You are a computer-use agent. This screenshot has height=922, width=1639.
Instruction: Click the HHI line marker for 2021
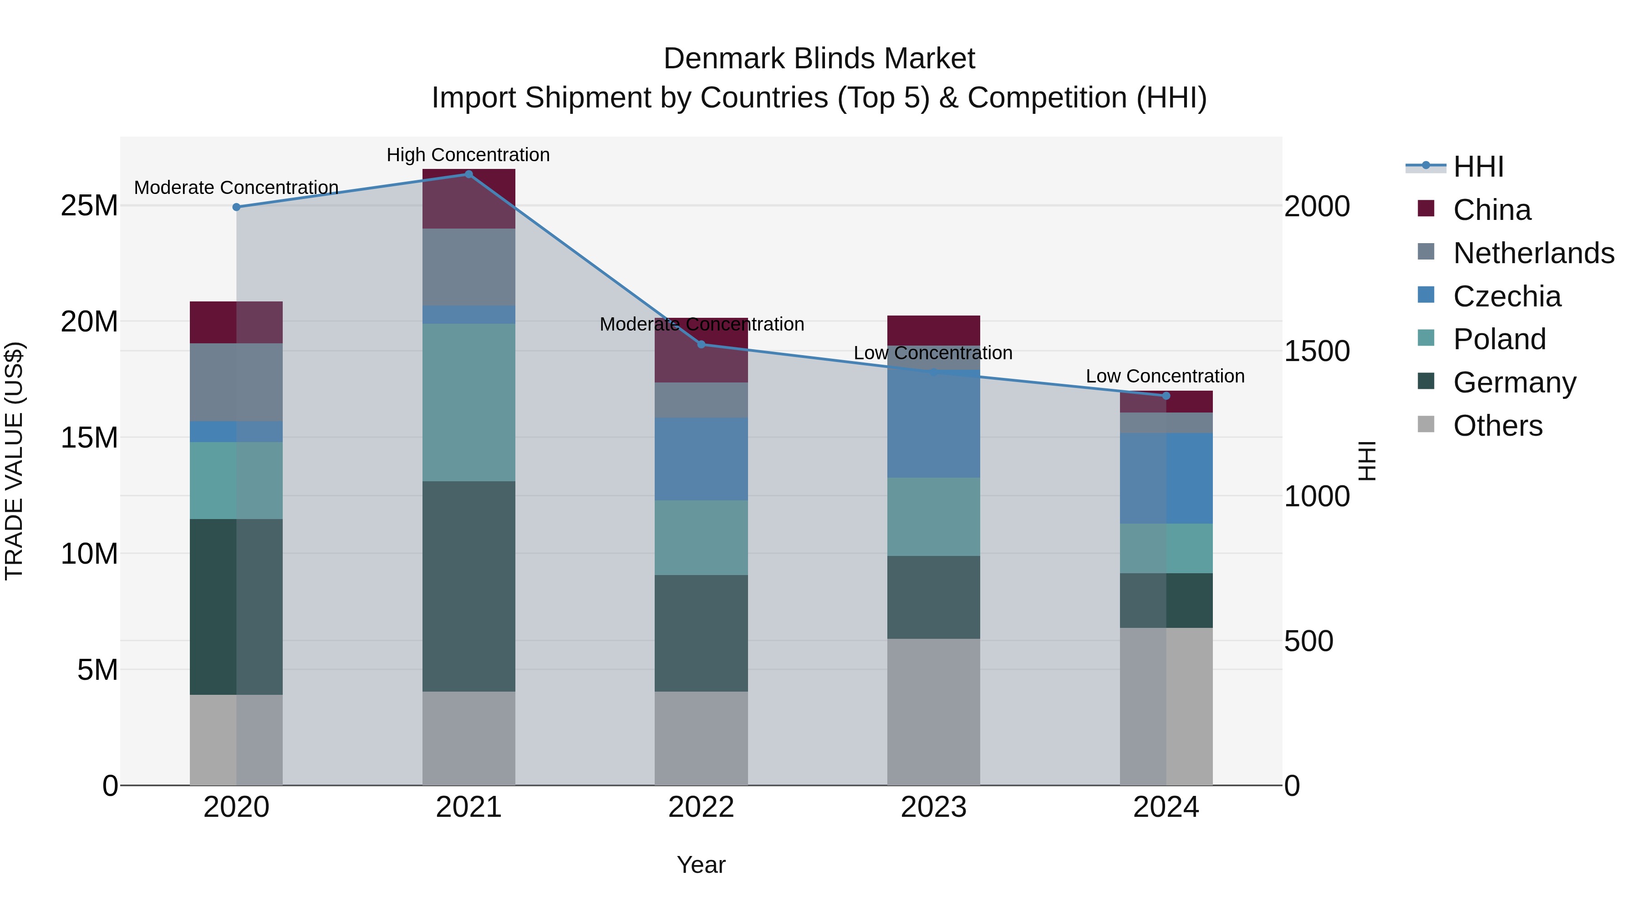pyautogui.click(x=468, y=174)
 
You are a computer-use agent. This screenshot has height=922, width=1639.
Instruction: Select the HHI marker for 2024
pyautogui.click(x=1166, y=396)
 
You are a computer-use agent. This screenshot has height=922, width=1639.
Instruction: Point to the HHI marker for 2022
pyautogui.click(x=701, y=344)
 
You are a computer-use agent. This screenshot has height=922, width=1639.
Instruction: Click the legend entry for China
pyautogui.click(x=1491, y=210)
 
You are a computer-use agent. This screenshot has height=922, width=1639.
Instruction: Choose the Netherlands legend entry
pyautogui.click(x=1533, y=253)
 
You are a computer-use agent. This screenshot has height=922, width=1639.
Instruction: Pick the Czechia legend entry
pyautogui.click(x=1507, y=296)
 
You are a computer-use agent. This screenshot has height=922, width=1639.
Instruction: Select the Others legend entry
pyautogui.click(x=1498, y=426)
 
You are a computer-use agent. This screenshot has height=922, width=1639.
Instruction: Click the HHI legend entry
pyautogui.click(x=1478, y=167)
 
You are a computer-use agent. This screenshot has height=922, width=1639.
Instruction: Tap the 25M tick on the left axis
pyautogui.click(x=89, y=205)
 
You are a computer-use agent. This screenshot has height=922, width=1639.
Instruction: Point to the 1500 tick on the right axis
pyautogui.click(x=1316, y=351)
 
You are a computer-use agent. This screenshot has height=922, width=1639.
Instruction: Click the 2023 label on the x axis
pyautogui.click(x=933, y=807)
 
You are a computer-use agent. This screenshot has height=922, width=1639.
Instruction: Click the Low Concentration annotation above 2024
pyautogui.click(x=1165, y=376)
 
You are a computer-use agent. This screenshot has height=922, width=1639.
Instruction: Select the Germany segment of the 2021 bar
pyautogui.click(x=468, y=586)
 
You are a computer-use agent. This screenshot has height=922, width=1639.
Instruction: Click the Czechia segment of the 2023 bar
pyautogui.click(x=933, y=424)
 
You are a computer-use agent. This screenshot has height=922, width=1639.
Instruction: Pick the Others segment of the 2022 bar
pyautogui.click(x=701, y=738)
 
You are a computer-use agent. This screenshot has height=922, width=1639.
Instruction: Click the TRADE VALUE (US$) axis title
pyautogui.click(x=14, y=461)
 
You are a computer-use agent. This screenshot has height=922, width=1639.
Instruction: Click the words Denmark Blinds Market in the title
pyautogui.click(x=819, y=59)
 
